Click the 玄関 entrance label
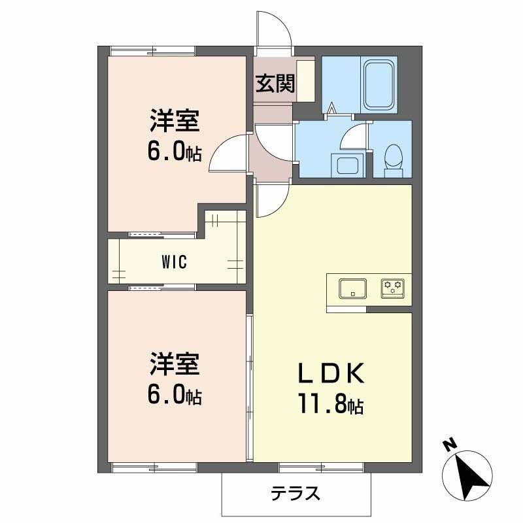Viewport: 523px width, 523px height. point(275,83)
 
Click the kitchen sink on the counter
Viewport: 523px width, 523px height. point(352,288)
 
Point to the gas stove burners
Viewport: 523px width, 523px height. point(394,288)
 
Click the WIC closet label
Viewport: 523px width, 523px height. point(174,263)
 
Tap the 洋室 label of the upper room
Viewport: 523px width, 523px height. point(174,122)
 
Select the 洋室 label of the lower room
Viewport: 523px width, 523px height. point(174,365)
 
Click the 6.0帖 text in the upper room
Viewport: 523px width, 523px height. point(174,152)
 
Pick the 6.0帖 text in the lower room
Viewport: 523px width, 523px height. point(174,395)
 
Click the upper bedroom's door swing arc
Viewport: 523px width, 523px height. point(230,152)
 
